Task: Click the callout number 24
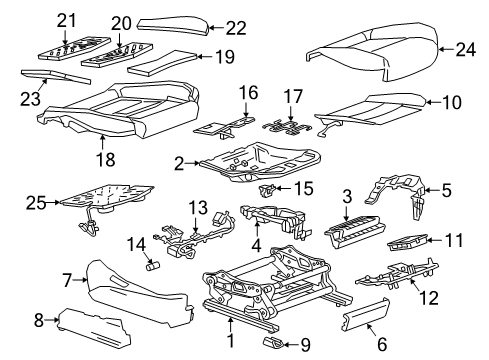[x=465, y=48]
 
